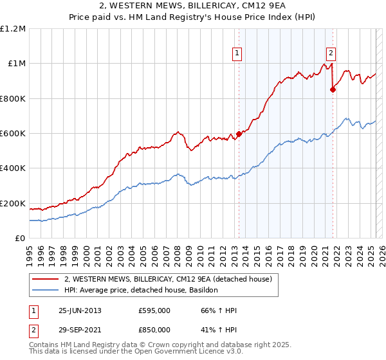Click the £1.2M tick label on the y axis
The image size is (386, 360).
[14, 29]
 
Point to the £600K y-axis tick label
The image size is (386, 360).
[13, 134]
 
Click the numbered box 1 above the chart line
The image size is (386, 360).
[237, 53]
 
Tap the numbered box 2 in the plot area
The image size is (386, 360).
[331, 53]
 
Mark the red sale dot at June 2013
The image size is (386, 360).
[239, 134]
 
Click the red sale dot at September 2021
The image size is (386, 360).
[333, 90]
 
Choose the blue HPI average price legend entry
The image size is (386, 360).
[142, 291]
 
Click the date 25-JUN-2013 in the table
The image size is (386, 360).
[80, 310]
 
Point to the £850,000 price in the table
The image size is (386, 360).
[154, 330]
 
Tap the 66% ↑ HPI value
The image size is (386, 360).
[219, 310]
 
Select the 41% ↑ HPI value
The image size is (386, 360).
[219, 330]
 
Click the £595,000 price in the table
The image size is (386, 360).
[154, 310]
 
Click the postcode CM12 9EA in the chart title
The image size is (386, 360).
[262, 6]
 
